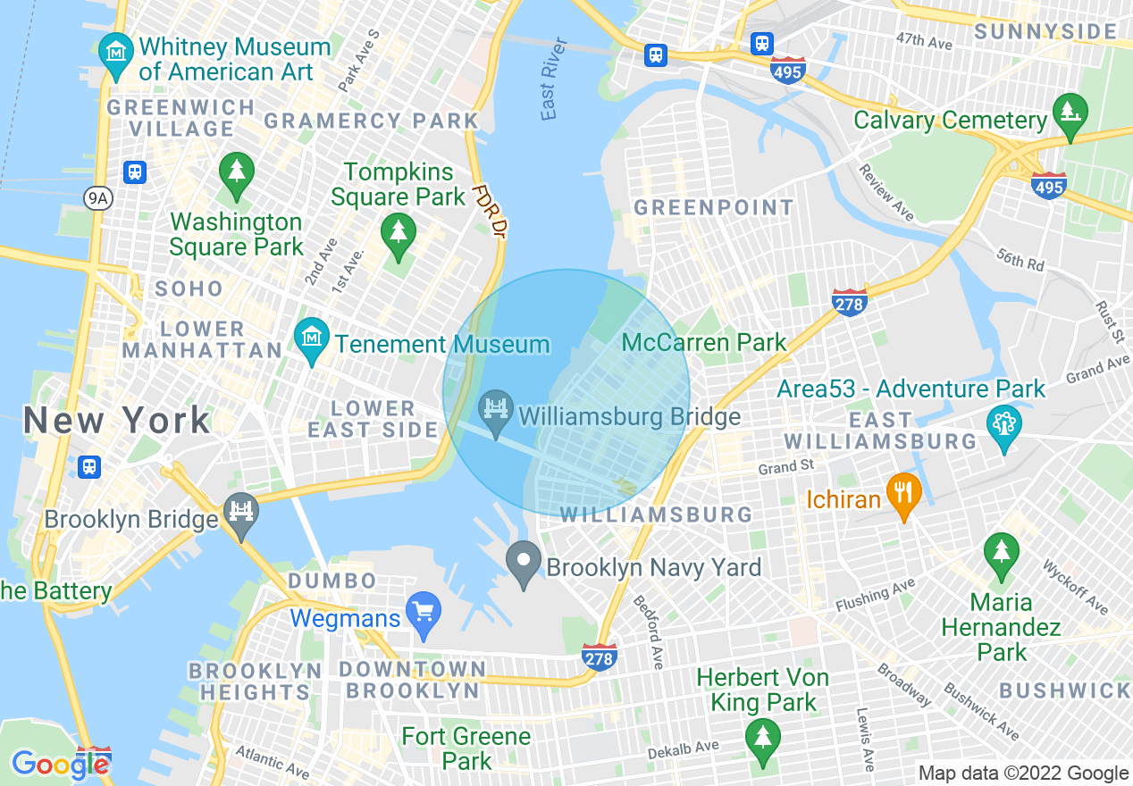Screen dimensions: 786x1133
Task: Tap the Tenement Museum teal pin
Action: [312, 339]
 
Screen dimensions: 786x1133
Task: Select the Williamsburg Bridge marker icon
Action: [495, 410]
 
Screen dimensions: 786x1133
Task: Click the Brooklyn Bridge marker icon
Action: [240, 513]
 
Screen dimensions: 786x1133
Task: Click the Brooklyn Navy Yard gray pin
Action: [524, 562]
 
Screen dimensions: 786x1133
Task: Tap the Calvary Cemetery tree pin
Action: [1070, 113]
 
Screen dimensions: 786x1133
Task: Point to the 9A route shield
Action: [98, 198]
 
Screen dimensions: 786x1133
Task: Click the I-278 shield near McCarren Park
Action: [849, 302]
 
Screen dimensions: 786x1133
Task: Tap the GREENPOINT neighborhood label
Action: [713, 208]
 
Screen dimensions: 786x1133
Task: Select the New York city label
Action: [116, 420]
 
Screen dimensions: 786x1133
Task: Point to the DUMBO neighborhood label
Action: [332, 581]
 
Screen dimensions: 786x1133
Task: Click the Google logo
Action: [59, 764]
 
